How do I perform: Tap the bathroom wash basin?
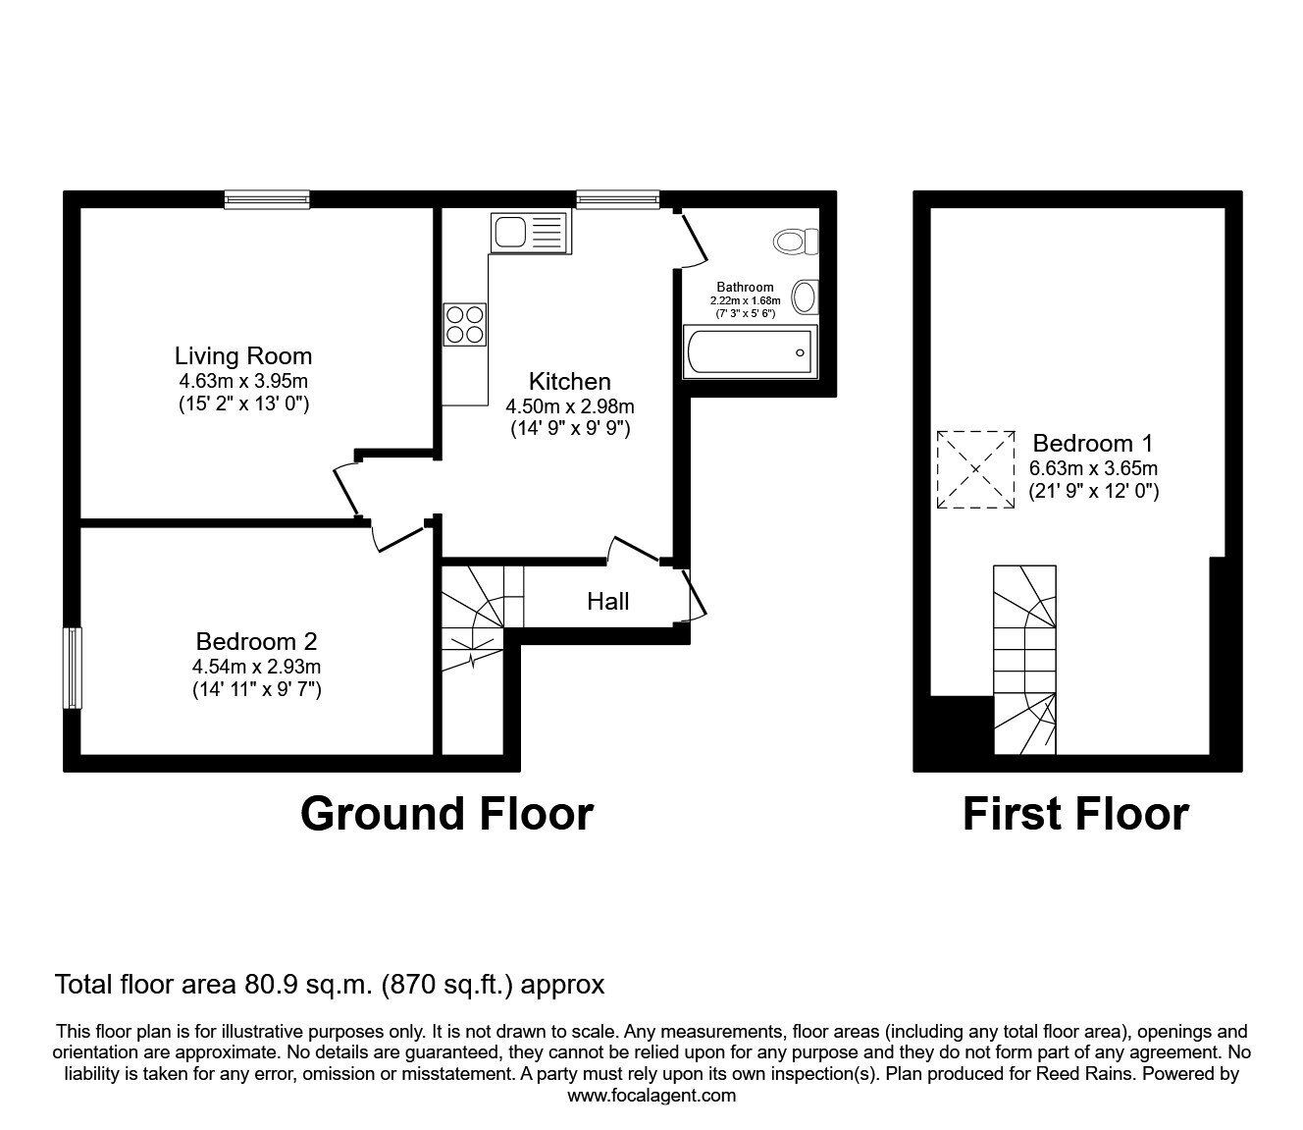[x=806, y=296]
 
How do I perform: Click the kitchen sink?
[x=528, y=234]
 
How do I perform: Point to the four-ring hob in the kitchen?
[x=465, y=325]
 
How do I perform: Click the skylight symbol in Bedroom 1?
[x=975, y=469]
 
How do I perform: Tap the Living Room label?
[x=243, y=355]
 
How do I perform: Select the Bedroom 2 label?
[x=256, y=641]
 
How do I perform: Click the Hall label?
[x=607, y=601]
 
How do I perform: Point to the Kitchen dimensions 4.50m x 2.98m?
[x=569, y=406]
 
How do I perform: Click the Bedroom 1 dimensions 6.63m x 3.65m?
[x=1093, y=468]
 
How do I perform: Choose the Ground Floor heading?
[x=446, y=814]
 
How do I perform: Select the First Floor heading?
[x=1075, y=814]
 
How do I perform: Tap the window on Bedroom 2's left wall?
[x=72, y=668]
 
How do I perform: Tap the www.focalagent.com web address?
[x=651, y=1096]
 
